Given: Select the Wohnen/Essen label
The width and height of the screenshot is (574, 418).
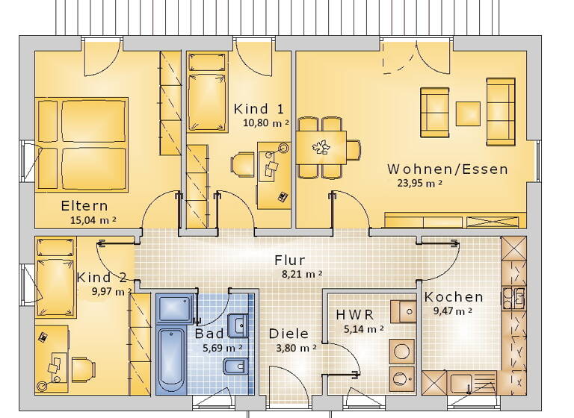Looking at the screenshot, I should [x=448, y=169].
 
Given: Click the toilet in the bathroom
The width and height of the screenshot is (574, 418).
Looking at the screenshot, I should [x=232, y=366].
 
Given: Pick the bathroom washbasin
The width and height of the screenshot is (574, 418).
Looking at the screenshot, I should [x=239, y=325].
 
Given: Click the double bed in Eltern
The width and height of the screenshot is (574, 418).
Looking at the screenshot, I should [x=82, y=144].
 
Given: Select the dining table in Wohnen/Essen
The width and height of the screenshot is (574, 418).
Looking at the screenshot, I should [x=321, y=146].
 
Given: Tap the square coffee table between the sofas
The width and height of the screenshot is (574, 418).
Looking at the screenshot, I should [x=468, y=113].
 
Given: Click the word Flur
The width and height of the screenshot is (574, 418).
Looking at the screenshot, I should [x=289, y=261].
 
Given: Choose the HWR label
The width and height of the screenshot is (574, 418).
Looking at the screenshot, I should [x=355, y=314].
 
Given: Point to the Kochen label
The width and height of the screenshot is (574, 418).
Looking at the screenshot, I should [x=454, y=297].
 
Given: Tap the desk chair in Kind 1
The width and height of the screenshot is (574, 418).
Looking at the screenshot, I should [x=243, y=164].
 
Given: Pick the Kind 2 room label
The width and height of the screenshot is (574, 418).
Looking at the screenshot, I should [x=102, y=278].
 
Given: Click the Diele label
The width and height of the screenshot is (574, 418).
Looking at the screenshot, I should [x=288, y=334].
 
